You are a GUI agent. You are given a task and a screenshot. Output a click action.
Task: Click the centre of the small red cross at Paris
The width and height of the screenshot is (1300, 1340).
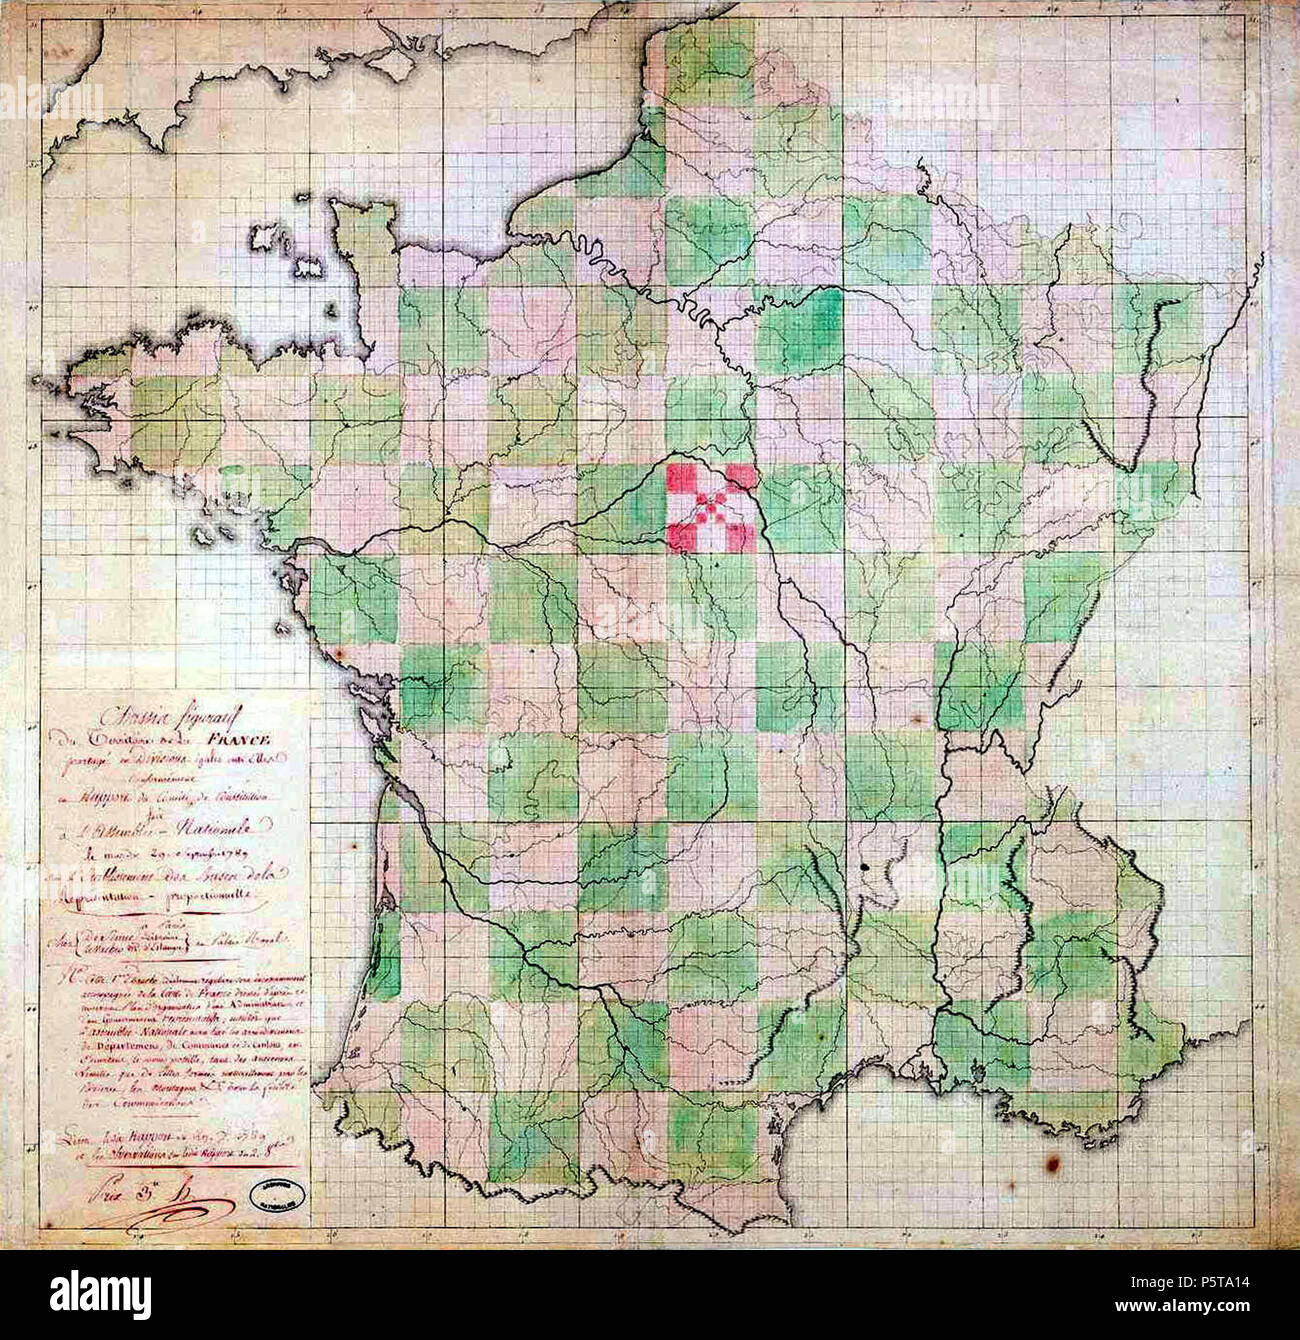711,507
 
